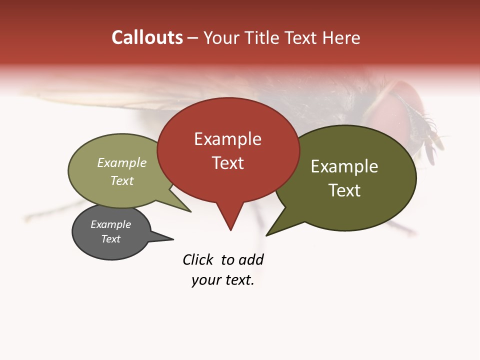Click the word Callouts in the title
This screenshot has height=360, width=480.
(x=147, y=37)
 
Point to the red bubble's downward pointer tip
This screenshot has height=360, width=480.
(x=230, y=229)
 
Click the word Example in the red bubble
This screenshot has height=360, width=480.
(x=227, y=139)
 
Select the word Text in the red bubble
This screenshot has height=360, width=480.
(x=228, y=163)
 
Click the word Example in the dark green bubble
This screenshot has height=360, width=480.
(x=344, y=166)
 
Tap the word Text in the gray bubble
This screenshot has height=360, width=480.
(x=111, y=239)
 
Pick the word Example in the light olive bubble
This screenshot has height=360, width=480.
(x=122, y=162)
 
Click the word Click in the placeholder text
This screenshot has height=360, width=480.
(x=197, y=259)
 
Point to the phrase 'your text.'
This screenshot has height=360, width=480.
(x=223, y=280)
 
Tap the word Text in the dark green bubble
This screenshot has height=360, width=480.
(x=344, y=190)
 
